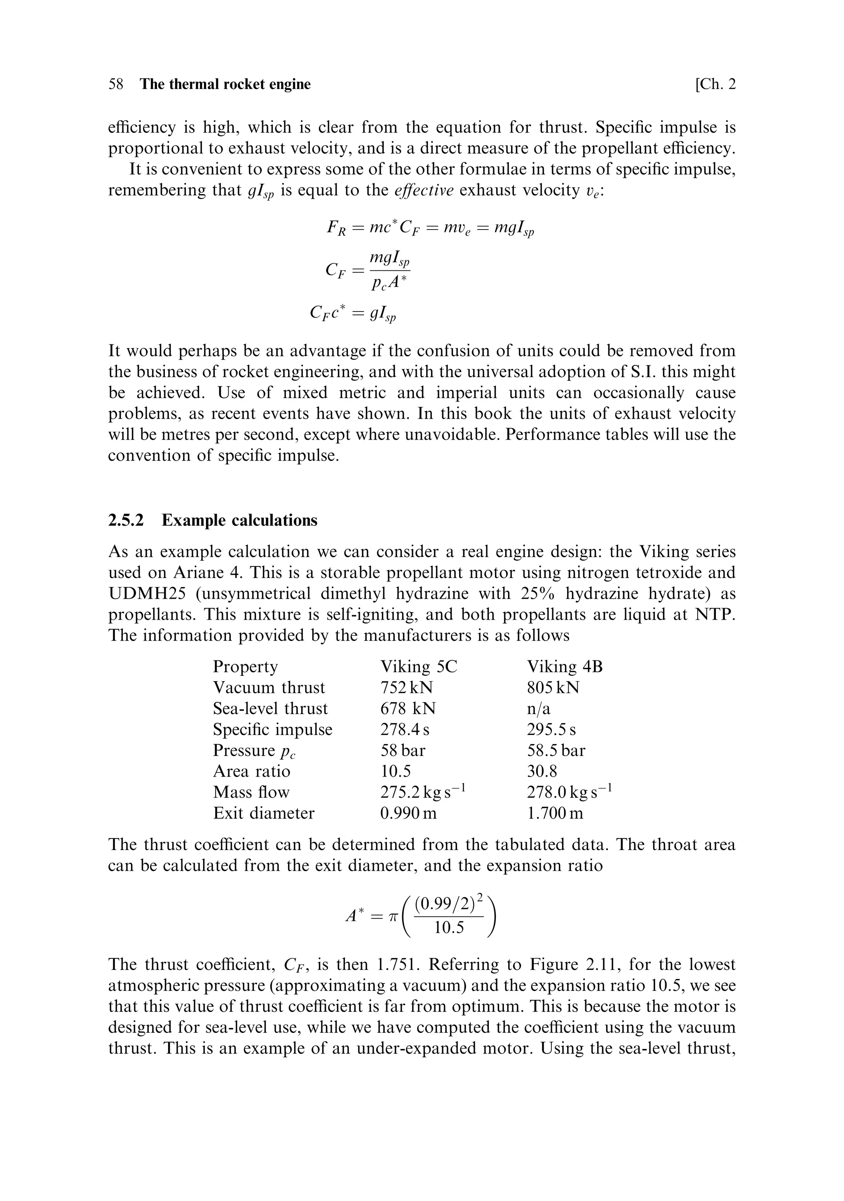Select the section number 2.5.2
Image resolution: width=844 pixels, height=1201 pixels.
tap(126, 520)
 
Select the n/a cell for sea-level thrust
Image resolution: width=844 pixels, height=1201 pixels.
tap(539, 708)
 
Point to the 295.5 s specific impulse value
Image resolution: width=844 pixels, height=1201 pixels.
tap(551, 729)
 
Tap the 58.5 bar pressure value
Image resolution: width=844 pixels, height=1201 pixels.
tap(556, 750)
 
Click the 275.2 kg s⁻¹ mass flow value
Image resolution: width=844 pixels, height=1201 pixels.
tap(423, 792)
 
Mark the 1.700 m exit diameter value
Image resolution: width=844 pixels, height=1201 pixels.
tap(555, 813)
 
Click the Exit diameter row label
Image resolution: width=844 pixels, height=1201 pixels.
tap(264, 813)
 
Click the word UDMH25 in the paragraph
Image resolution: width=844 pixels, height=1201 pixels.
tap(142, 593)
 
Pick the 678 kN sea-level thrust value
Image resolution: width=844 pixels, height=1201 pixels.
tap(408, 708)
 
